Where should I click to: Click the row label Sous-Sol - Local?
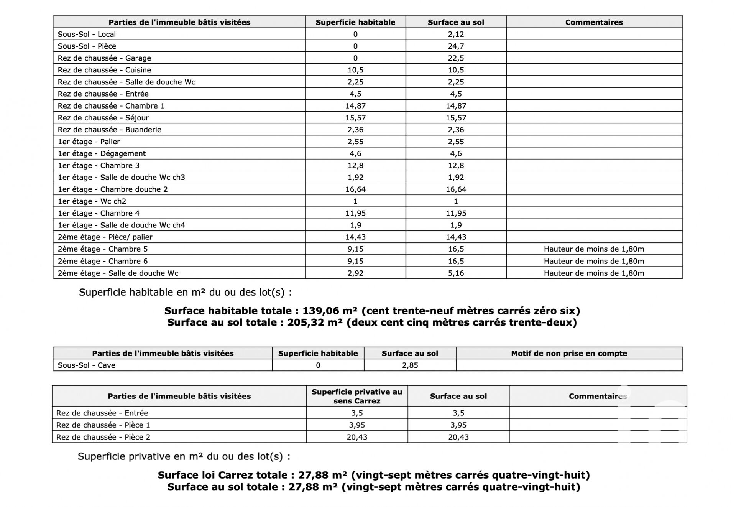click(x=87, y=34)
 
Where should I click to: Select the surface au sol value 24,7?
click(x=456, y=46)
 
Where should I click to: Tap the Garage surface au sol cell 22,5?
click(x=456, y=58)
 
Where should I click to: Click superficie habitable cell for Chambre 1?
click(x=355, y=106)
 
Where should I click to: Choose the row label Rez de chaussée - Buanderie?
click(x=109, y=130)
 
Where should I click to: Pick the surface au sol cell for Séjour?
click(x=456, y=118)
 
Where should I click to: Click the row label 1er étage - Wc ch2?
click(x=92, y=201)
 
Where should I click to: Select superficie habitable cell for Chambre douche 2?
click(x=355, y=189)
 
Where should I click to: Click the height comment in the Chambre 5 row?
click(x=594, y=249)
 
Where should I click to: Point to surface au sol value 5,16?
click(x=456, y=273)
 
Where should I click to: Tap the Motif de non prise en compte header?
click(x=569, y=353)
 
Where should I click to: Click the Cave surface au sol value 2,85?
click(x=410, y=365)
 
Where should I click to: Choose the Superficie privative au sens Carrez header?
click(x=357, y=396)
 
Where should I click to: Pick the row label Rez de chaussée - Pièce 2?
click(x=103, y=437)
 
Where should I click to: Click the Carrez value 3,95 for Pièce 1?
click(x=357, y=425)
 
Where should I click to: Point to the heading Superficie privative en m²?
click(x=184, y=456)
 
